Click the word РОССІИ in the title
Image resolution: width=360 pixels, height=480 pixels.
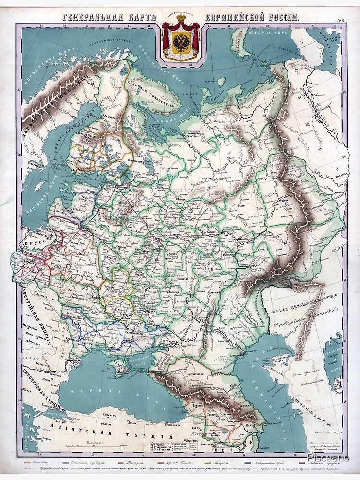coord(283,18)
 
